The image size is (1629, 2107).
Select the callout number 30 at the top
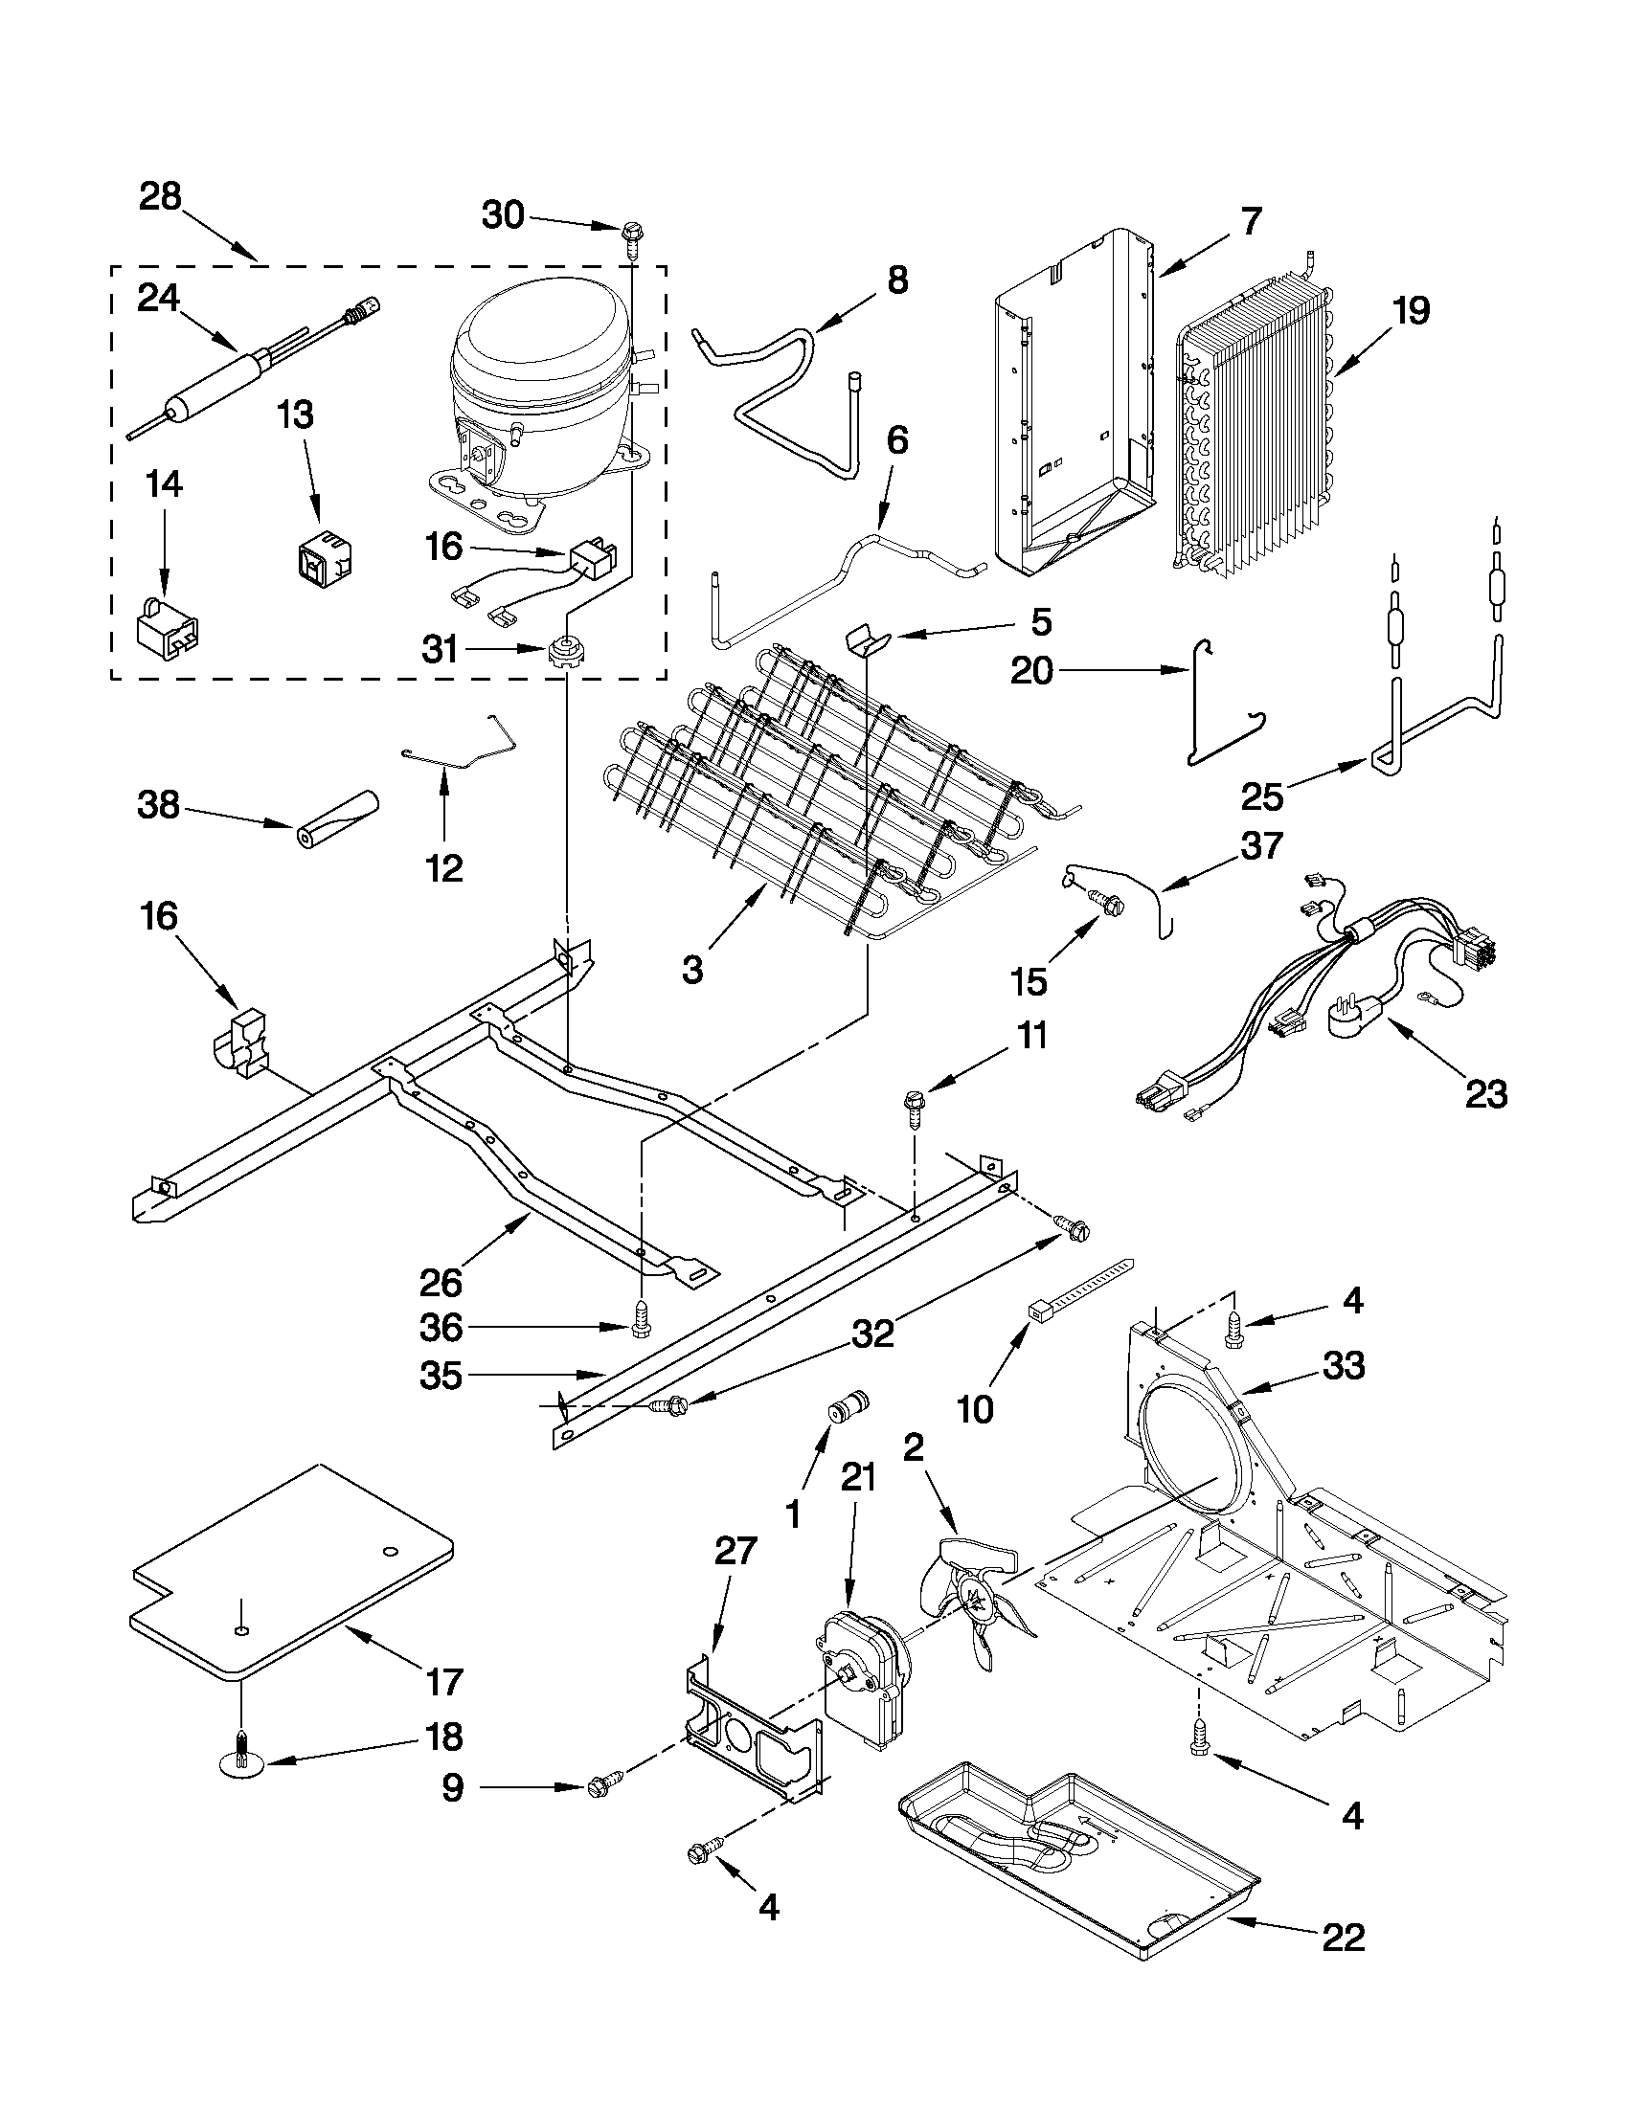503,215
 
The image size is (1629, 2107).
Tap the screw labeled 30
634,235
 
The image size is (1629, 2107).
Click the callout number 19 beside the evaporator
1411,312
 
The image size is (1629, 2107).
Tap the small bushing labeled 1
848,1406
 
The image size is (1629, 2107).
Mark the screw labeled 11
912,1105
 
